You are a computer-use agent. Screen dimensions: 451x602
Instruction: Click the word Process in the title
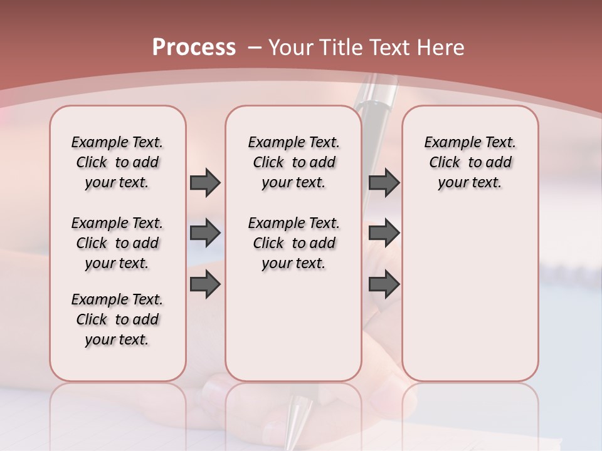(194, 48)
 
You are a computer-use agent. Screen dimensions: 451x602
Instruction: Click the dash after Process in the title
(255, 48)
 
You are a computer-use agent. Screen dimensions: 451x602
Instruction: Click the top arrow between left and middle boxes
(205, 183)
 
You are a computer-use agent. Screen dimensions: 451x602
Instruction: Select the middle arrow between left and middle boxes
(205, 234)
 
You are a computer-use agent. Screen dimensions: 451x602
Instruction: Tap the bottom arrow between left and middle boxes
(205, 285)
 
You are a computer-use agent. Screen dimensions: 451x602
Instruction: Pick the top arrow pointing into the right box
(384, 183)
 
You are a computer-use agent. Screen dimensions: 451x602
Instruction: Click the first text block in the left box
(117, 162)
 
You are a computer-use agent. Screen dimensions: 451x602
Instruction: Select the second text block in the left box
(117, 243)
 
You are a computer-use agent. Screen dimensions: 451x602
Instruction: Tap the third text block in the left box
(117, 319)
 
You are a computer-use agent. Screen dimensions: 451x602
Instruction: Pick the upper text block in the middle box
(293, 162)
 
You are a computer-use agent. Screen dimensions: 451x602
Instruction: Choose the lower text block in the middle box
(293, 243)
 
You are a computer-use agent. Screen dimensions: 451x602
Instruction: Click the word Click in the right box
(445, 163)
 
